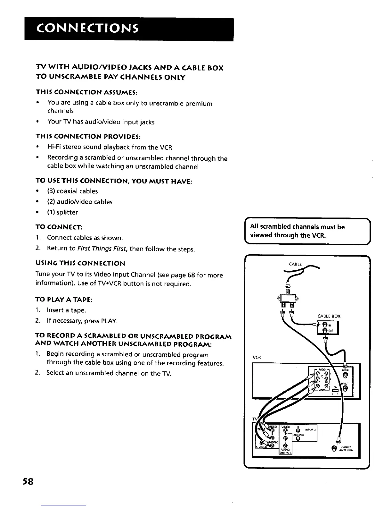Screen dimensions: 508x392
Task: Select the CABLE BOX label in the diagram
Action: click(x=329, y=316)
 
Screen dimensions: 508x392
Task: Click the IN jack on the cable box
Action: click(x=324, y=325)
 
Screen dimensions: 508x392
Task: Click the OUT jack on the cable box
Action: click(x=325, y=331)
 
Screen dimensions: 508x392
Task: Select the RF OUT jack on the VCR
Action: click(x=345, y=389)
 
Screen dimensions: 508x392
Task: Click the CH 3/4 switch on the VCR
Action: click(x=336, y=390)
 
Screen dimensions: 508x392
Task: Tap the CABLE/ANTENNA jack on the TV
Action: click(x=334, y=448)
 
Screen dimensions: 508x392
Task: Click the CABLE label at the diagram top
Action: click(x=295, y=264)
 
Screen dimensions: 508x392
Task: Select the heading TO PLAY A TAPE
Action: click(x=64, y=300)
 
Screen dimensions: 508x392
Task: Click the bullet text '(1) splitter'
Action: click(x=62, y=212)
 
